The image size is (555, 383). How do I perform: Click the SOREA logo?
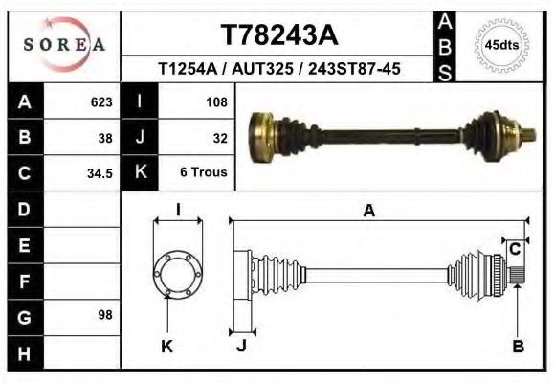64,45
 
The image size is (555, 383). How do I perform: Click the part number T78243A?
279,35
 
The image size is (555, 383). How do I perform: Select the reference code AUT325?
262,68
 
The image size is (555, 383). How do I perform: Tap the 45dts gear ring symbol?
501,45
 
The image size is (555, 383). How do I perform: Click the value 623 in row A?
101,102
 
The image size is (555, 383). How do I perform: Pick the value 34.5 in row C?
100,173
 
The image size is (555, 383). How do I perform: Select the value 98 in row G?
105,315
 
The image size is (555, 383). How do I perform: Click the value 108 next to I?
216,102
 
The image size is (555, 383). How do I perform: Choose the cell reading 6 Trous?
204,171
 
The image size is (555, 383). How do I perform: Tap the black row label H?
26,353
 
